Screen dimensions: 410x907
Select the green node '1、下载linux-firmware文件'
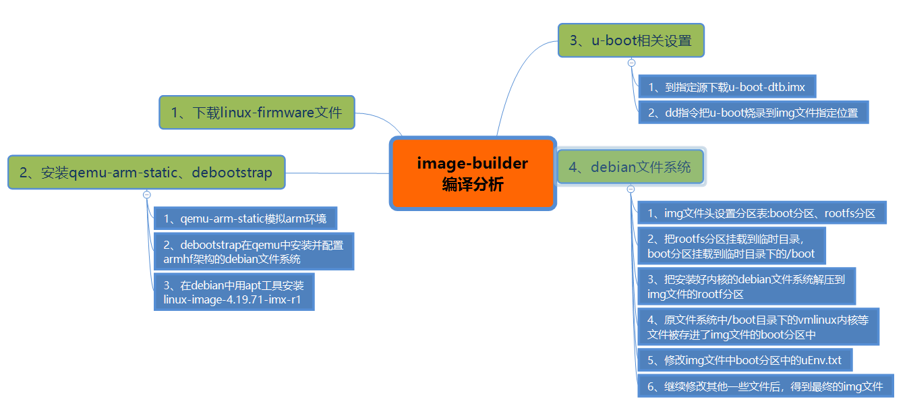(257, 113)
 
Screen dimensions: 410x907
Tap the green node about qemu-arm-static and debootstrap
(146, 173)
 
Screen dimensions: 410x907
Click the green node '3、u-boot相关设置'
(631, 40)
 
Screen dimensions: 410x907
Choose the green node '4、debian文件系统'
(630, 167)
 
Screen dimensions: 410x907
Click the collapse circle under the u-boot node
(632, 63)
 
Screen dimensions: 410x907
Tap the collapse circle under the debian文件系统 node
(631, 189)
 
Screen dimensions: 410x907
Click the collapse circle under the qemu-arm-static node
(147, 194)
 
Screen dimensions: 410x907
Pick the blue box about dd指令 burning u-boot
(753, 113)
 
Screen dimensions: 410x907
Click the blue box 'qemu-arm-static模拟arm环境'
(245, 218)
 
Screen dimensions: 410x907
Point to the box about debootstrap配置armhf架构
(254, 252)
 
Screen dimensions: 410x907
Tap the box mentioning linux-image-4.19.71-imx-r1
(234, 292)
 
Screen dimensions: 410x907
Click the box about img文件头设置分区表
(762, 213)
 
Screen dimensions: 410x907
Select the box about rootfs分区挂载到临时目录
(731, 246)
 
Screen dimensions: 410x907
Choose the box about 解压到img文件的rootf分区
(747, 286)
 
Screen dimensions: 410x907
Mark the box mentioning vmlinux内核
(758, 327)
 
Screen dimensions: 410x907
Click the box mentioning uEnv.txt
(744, 360)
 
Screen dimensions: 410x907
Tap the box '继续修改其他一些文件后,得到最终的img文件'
(765, 386)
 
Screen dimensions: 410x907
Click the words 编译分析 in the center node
(472, 184)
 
